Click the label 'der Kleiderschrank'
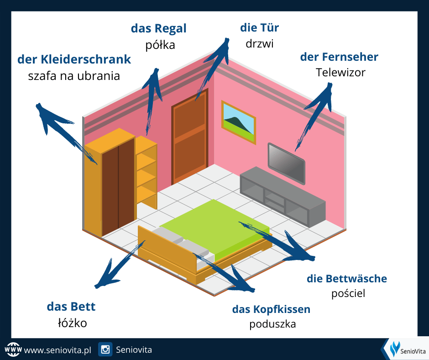[x=74, y=59]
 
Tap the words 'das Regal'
[x=158, y=28]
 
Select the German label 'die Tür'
[x=259, y=27]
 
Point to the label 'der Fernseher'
[x=339, y=57]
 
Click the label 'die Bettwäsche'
[x=347, y=278]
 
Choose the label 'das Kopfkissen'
[x=271, y=309]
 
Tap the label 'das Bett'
[x=71, y=307]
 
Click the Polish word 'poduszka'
[x=272, y=324]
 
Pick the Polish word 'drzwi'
[x=259, y=43]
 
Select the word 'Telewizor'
[x=340, y=72]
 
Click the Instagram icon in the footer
[x=105, y=350]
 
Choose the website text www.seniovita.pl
[x=58, y=350]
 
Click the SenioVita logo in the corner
[x=404, y=349]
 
